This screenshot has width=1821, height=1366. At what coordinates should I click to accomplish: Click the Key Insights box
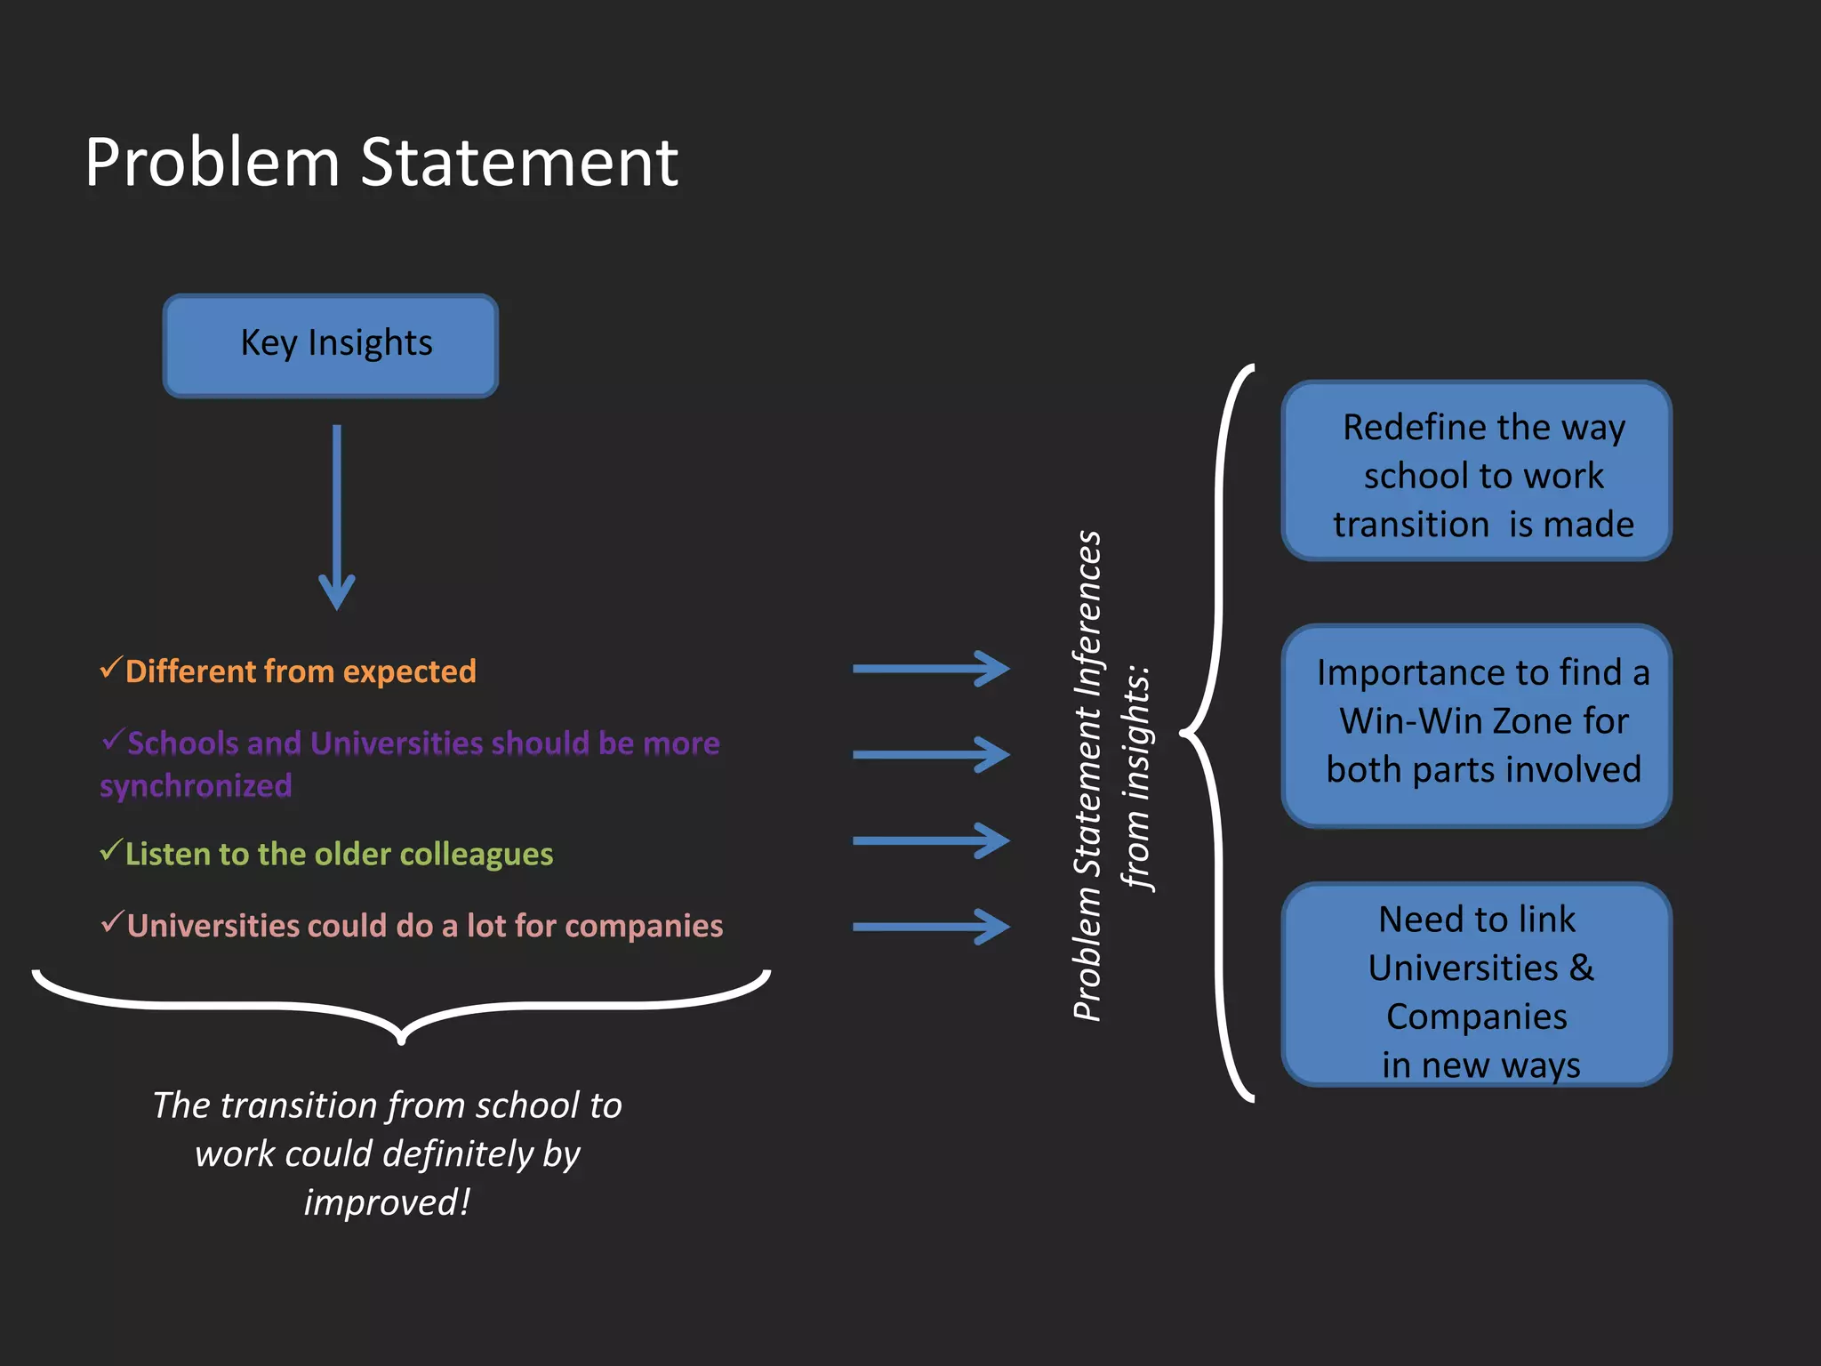(330, 345)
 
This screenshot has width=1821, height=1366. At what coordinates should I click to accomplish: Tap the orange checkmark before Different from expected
(110, 667)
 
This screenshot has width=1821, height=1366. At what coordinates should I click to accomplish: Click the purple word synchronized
(196, 786)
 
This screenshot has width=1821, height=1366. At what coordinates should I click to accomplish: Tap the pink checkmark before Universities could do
(111, 922)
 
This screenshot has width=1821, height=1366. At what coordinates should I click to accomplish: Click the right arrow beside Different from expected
(931, 669)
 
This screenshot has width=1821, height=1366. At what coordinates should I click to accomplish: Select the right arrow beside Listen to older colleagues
(931, 840)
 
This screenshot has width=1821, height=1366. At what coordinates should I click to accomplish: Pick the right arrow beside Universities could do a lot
(931, 927)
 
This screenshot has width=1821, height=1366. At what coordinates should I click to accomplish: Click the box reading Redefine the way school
(1476, 471)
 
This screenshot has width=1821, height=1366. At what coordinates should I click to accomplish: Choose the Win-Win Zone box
(1476, 725)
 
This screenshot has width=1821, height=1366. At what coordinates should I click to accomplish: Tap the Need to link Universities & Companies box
(1476, 984)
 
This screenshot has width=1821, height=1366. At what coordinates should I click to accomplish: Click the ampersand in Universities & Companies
(1582, 968)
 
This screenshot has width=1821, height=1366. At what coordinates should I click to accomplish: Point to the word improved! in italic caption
(387, 1202)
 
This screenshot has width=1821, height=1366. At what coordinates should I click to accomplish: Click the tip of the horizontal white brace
(401, 1039)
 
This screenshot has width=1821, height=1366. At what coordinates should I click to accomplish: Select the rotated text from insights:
(1136, 778)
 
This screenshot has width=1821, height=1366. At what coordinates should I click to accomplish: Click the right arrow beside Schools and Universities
(931, 755)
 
